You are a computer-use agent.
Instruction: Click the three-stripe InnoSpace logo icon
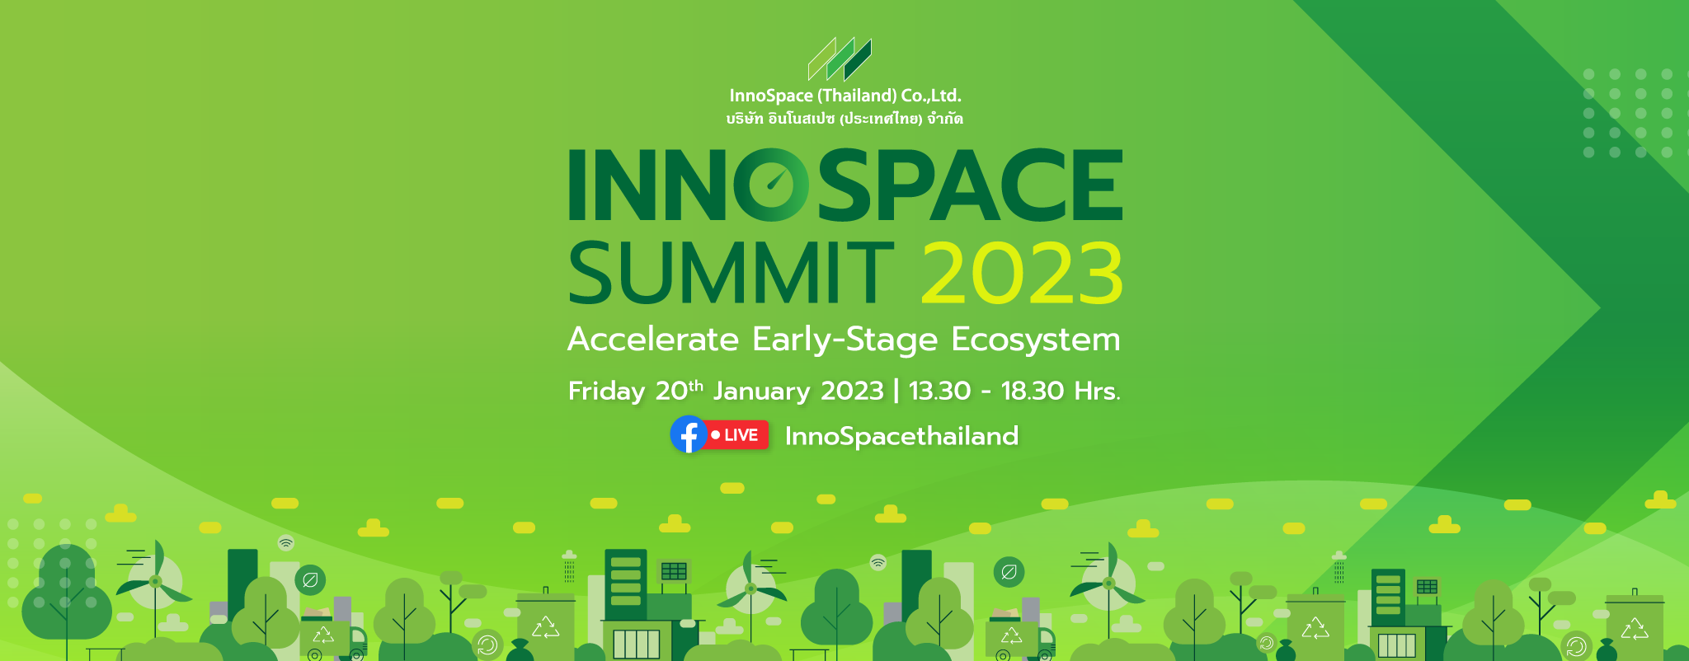tap(840, 59)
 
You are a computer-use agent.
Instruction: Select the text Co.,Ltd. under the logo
tap(931, 96)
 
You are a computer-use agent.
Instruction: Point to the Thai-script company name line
tap(844, 119)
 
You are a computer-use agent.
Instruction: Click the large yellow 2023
tap(1022, 273)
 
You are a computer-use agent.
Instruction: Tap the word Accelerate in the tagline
tap(653, 340)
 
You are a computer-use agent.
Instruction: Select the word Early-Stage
tap(845, 340)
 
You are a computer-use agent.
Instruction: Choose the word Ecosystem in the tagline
tap(1036, 340)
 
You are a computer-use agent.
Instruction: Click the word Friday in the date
tap(606, 391)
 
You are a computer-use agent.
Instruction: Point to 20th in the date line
tap(680, 390)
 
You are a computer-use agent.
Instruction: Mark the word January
tap(762, 391)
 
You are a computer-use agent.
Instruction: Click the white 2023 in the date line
tap(852, 391)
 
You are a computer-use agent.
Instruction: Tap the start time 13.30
tap(939, 391)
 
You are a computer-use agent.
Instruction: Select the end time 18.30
tap(1033, 391)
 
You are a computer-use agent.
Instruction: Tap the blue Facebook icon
tap(689, 434)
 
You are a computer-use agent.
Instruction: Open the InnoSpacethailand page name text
tap(901, 435)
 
